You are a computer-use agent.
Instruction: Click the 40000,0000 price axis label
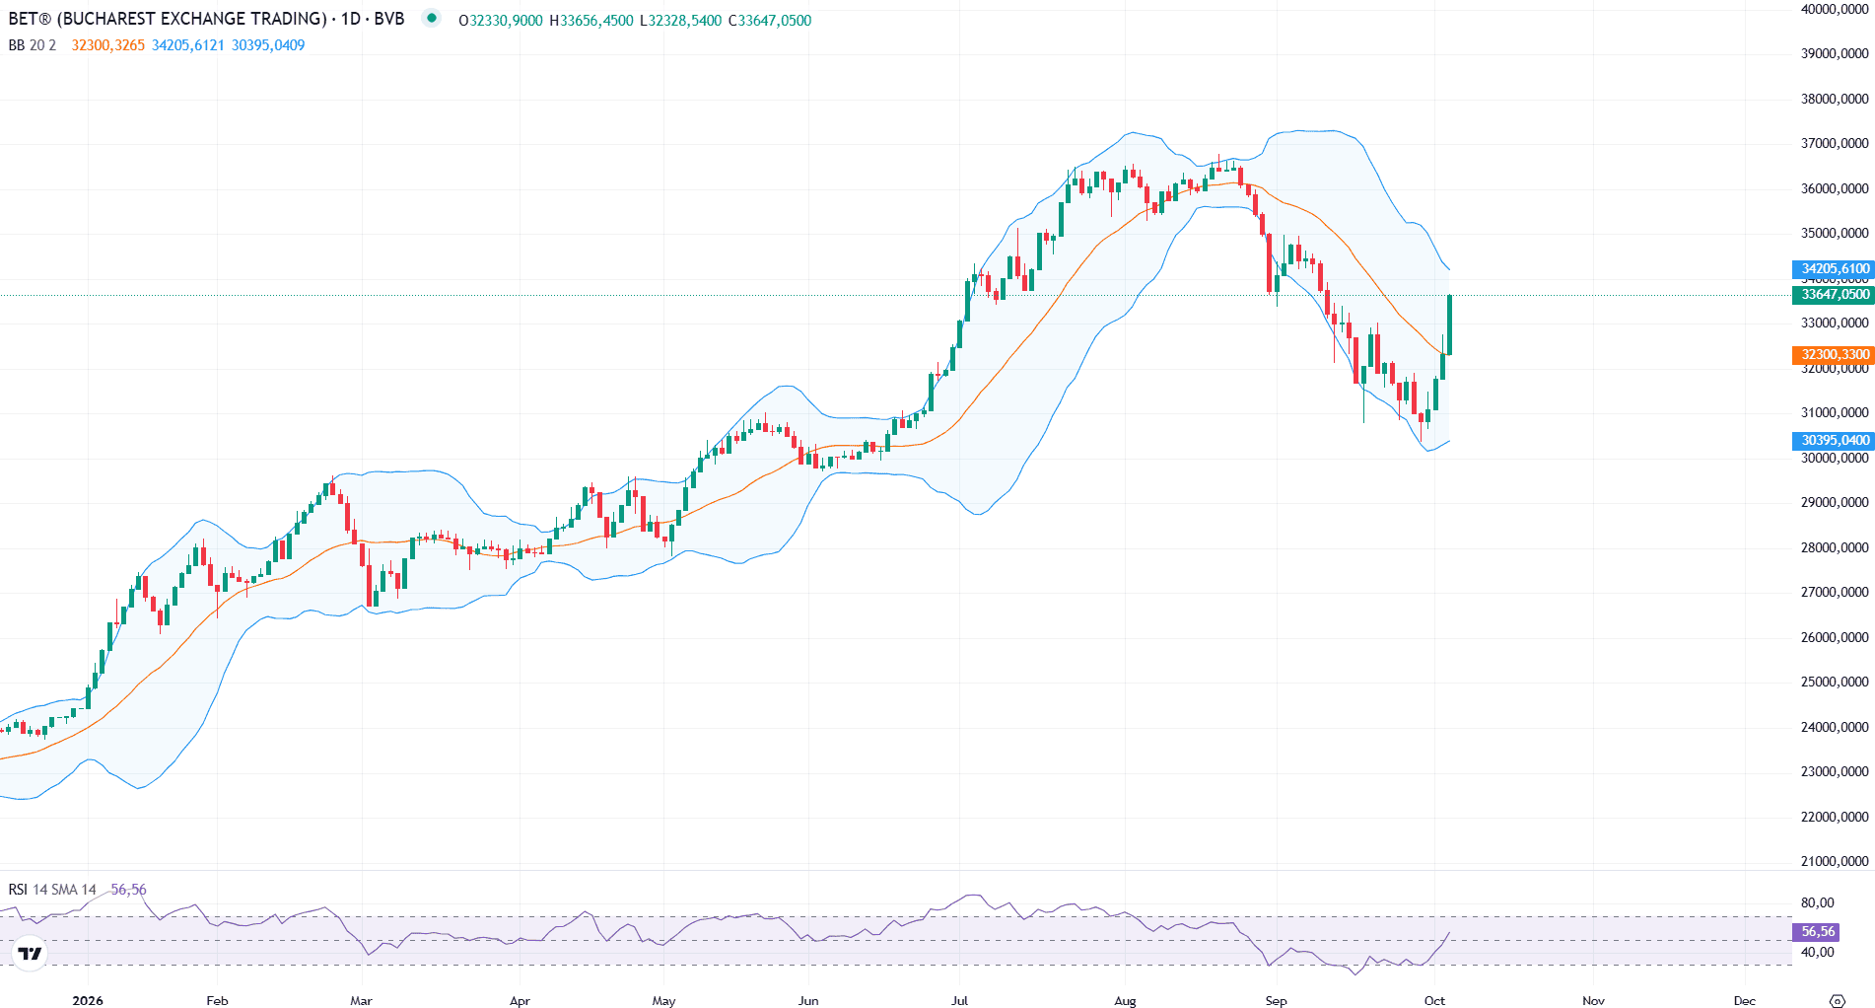click(1835, 9)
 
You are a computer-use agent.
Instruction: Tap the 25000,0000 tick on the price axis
click(1835, 682)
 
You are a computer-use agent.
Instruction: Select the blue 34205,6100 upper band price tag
click(1833, 268)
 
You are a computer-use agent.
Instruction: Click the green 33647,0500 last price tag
click(1833, 294)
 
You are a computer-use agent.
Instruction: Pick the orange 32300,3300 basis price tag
click(1833, 354)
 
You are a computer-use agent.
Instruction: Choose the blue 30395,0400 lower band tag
click(1833, 440)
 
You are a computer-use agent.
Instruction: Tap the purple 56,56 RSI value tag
click(1816, 931)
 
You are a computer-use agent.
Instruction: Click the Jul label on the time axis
click(959, 1000)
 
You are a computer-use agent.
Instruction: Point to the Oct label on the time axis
click(1434, 1000)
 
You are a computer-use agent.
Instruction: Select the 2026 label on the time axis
click(88, 1000)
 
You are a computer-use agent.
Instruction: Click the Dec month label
click(1745, 1000)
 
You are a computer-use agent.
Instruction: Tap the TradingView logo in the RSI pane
click(31, 953)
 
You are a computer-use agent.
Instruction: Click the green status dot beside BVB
click(431, 18)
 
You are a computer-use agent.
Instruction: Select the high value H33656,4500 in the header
click(591, 21)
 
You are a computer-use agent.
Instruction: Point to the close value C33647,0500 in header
click(770, 21)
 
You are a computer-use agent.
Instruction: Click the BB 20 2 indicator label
click(33, 45)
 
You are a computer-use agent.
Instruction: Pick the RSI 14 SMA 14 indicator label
click(52, 890)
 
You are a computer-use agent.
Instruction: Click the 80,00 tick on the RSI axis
click(1818, 902)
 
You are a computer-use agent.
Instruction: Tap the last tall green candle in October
click(1449, 324)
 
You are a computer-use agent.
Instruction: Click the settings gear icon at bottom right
click(1837, 1000)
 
